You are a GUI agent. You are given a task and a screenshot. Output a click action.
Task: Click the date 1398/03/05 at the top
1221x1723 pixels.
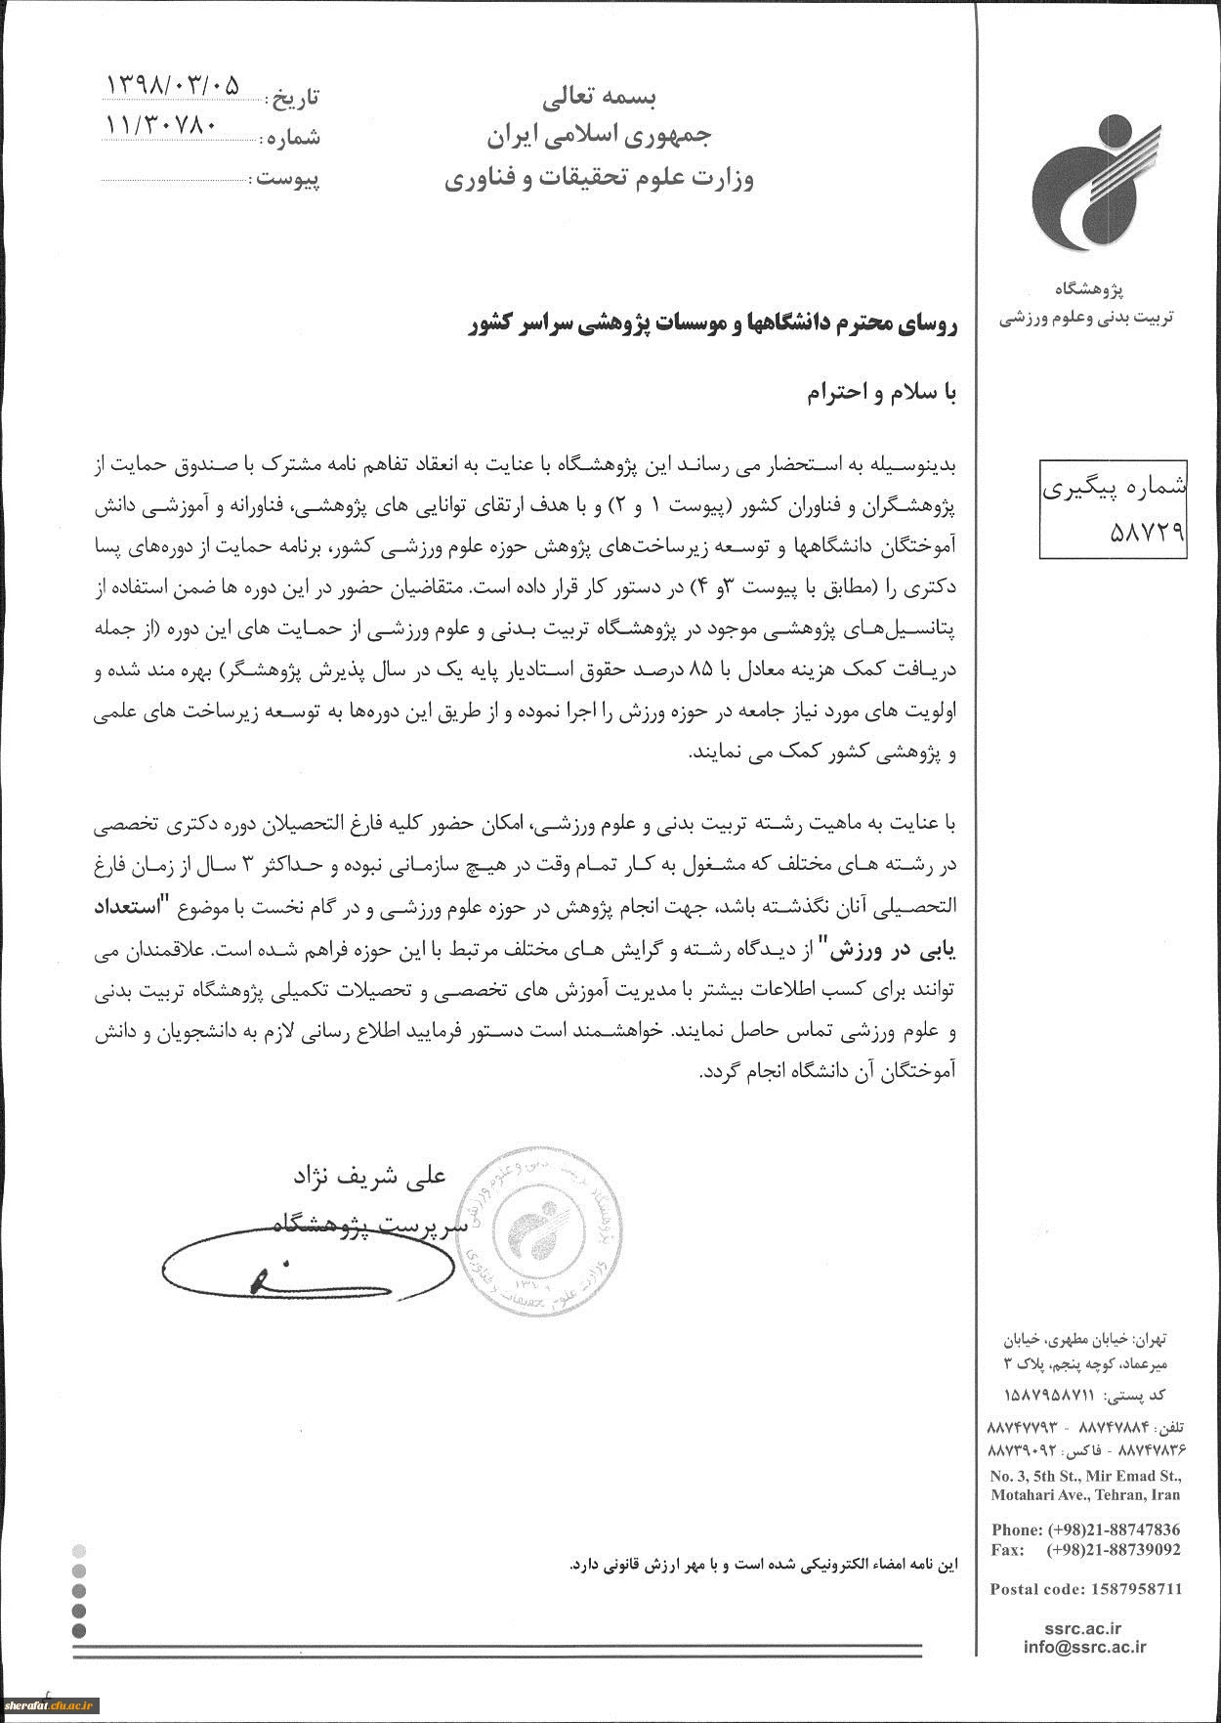(171, 85)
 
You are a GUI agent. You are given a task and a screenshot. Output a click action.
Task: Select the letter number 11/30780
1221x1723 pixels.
(162, 126)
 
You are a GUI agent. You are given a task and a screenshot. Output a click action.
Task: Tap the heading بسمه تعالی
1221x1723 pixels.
(600, 97)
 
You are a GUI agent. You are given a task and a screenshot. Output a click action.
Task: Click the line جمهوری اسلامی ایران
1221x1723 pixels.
(600, 137)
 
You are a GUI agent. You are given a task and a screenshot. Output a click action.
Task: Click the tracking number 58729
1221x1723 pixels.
(1147, 531)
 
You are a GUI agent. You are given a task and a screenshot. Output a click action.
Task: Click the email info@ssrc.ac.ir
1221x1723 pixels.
(1085, 1647)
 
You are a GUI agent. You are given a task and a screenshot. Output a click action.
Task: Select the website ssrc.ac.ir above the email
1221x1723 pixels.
(1088, 1628)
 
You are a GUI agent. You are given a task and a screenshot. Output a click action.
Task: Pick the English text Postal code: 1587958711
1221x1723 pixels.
(1086, 1589)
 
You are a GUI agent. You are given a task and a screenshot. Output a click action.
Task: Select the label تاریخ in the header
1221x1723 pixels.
(295, 98)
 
